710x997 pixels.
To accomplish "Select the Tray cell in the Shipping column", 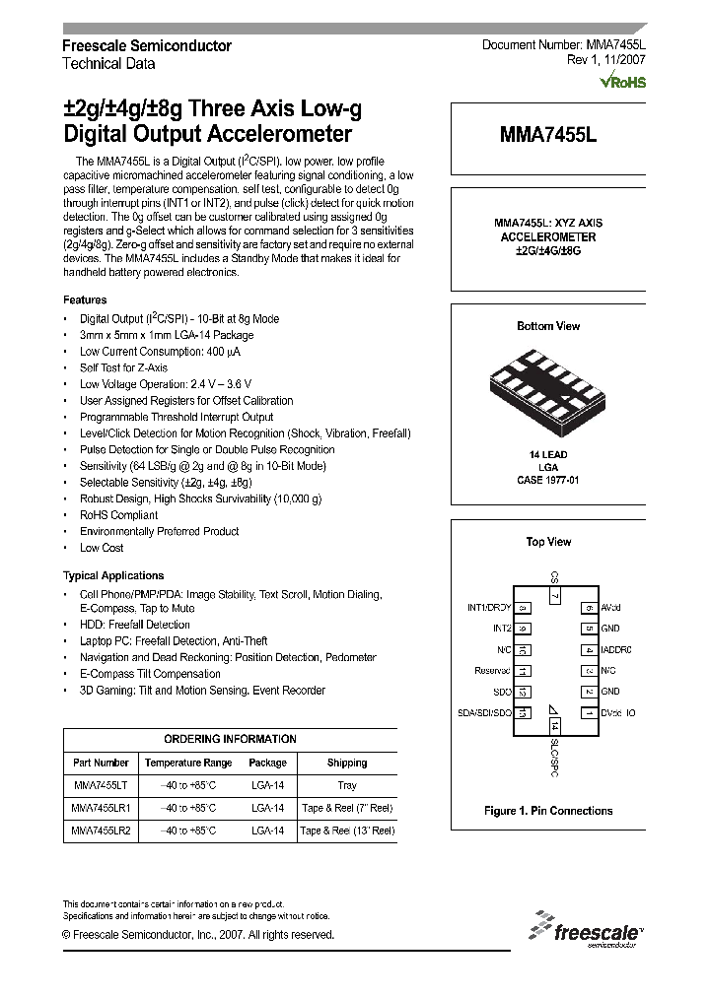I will [x=346, y=786].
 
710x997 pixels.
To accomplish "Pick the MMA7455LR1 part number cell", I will [x=101, y=809].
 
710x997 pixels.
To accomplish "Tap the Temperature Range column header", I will [x=188, y=763].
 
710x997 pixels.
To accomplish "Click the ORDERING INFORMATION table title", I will [x=230, y=739].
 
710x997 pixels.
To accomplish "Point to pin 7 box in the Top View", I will [x=554, y=595].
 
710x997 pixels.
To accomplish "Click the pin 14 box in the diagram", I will [x=554, y=725].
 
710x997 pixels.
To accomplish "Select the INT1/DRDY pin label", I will [x=489, y=608].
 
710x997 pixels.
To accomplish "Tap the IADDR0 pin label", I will [x=616, y=650].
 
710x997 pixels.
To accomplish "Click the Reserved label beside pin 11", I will [x=493, y=671].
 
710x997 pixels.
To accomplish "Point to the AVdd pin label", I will [x=610, y=608].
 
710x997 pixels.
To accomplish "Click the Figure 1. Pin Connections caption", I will [x=548, y=811].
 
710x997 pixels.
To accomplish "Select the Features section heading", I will [x=85, y=299].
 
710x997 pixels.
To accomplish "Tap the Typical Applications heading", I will [x=113, y=575].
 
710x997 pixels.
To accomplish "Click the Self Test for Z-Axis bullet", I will [x=123, y=367].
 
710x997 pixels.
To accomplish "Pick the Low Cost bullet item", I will [x=102, y=548].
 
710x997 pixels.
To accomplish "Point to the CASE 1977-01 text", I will [x=548, y=480].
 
